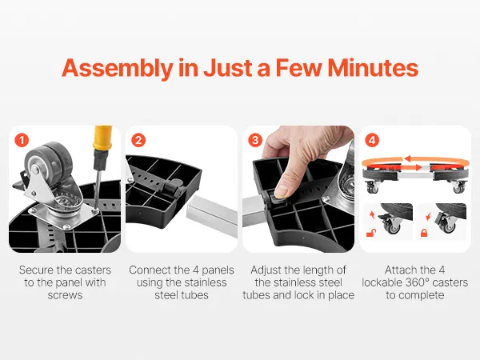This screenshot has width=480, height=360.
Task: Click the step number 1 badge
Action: pyautogui.click(x=22, y=141)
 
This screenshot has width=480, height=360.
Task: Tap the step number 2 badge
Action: pyautogui.click(x=138, y=141)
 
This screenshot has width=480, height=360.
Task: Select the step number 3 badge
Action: pyautogui.click(x=255, y=141)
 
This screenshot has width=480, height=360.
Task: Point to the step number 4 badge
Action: pyautogui.click(x=372, y=141)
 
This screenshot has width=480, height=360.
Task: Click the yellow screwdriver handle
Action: pyautogui.click(x=102, y=138)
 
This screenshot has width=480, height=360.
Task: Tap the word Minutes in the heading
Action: pyautogui.click(x=373, y=68)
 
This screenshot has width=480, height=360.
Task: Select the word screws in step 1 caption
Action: pyautogui.click(x=65, y=295)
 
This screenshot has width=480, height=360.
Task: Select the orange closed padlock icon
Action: pyautogui.click(x=424, y=233)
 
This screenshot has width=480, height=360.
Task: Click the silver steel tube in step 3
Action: pyautogui.click(x=254, y=210)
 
